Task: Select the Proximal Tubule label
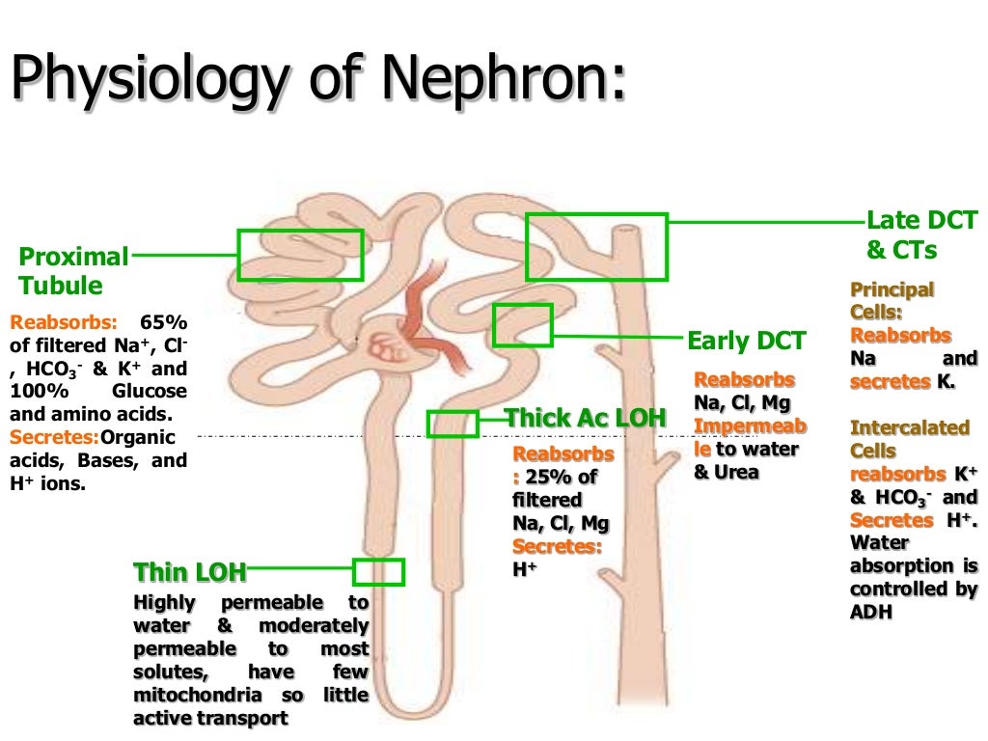(73, 271)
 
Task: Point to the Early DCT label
(746, 341)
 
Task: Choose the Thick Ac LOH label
(586, 419)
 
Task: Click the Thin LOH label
(189, 573)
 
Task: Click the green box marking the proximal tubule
(300, 256)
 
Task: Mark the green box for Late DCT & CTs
(596, 247)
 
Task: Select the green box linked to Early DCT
(522, 325)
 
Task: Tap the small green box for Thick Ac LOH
(452, 424)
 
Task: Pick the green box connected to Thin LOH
(377, 572)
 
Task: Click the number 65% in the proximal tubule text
(164, 321)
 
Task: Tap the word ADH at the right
(871, 612)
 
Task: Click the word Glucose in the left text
(150, 391)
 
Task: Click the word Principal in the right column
(879, 289)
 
